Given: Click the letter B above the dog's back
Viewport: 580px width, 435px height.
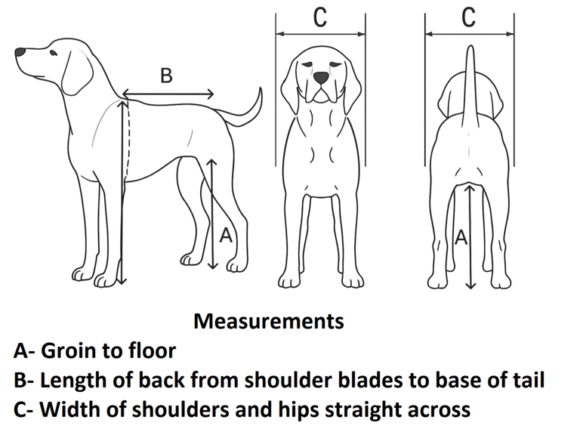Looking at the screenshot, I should [167, 76].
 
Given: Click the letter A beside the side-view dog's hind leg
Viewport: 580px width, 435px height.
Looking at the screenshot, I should [225, 236].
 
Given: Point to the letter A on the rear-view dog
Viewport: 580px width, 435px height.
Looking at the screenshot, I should [461, 239].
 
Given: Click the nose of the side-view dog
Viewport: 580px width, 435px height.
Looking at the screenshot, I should [20, 53].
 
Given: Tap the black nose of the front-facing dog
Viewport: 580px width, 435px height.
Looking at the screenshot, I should [321, 78].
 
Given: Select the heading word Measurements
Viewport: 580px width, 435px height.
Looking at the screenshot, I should [269, 321].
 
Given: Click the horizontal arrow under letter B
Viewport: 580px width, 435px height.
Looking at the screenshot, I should [168, 94].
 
